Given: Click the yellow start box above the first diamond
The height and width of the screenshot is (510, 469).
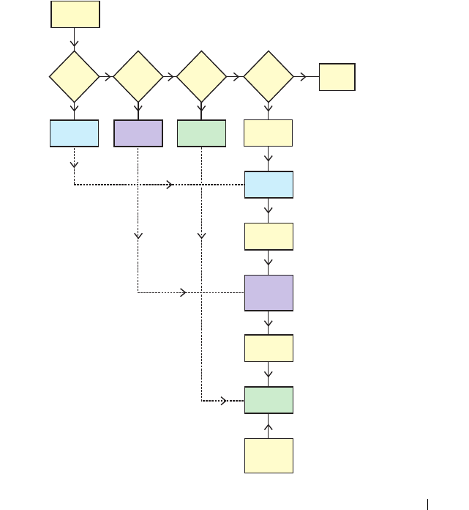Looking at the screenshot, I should pos(75,15).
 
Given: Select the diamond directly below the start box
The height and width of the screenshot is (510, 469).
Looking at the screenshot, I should pos(74,76).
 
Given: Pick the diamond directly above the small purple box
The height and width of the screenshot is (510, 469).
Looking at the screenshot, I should pos(138,76).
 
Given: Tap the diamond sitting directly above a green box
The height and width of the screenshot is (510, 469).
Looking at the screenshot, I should pos(201,76).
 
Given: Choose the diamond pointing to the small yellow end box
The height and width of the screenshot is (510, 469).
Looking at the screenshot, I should pos(268,76).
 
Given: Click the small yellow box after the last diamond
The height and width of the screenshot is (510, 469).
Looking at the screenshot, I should pos(337,77).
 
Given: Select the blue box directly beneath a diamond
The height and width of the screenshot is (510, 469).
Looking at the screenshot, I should pos(74,133).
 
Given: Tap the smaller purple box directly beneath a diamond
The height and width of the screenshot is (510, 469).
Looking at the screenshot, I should pos(138,133).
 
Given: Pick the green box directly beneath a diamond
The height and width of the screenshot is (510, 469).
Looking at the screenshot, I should pos(201,133).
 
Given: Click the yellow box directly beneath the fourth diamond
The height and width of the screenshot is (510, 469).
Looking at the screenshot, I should pos(268,133).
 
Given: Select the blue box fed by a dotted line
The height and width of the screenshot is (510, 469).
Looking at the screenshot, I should pos(269,185).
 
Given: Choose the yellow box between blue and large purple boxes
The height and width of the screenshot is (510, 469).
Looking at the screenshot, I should pos(269,237).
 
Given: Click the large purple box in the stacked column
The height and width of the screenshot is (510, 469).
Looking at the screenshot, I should pos(269,293).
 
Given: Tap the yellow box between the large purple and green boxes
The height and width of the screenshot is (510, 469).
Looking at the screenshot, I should pos(269,348).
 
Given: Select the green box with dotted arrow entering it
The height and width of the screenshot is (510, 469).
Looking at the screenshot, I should pos(269,400).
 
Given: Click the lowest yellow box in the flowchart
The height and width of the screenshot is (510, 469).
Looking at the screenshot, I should pos(269,456).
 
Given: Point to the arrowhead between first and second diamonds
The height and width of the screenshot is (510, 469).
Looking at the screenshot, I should pos(108,76).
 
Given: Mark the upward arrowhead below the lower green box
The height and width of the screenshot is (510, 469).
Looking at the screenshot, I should pos(269,426).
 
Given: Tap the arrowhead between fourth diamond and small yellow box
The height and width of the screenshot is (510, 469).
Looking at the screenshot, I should pos(302,76).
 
